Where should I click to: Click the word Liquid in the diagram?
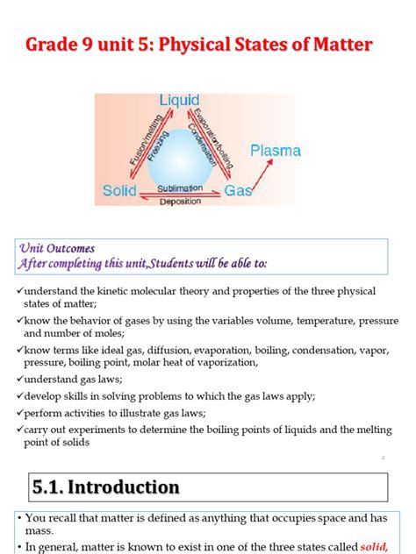click(180, 101)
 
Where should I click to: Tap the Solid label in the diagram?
click(119, 189)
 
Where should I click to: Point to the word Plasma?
click(276, 151)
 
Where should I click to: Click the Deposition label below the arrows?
click(180, 202)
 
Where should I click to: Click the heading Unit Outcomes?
click(55, 249)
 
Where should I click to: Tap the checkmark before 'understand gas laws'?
click(18, 380)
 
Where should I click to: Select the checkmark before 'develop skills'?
click(18, 396)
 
